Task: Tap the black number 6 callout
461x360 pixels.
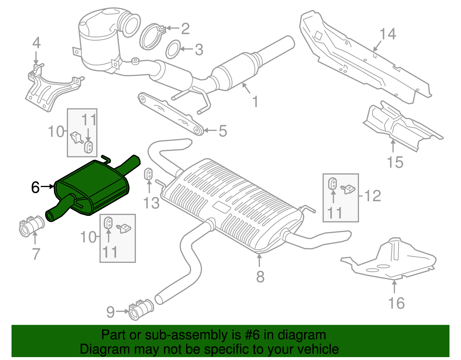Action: (35, 187)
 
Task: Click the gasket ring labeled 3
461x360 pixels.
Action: (173, 50)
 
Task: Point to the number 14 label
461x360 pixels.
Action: (388, 34)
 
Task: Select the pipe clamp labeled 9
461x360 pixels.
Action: (141, 310)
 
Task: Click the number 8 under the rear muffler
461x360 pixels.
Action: (260, 277)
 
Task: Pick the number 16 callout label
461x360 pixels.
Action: (396, 303)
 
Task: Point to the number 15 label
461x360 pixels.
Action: (395, 162)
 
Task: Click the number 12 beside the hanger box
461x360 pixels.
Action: (373, 196)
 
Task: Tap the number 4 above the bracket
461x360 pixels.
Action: (36, 43)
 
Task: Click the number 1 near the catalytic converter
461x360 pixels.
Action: (255, 102)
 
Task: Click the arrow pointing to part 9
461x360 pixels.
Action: (122, 311)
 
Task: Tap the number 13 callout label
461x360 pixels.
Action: (151, 203)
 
